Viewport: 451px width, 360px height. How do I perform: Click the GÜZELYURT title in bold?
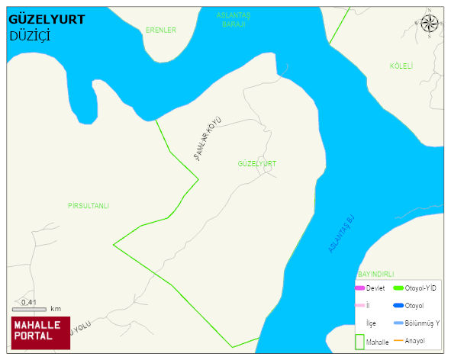tap(47, 20)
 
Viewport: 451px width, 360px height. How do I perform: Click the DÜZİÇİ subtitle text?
tap(30, 36)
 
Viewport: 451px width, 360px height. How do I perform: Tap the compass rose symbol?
tap(430, 24)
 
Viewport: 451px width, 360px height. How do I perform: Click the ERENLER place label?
tap(160, 31)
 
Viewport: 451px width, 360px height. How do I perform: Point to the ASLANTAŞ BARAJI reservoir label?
tap(234, 20)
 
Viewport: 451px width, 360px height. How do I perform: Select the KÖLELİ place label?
tap(401, 66)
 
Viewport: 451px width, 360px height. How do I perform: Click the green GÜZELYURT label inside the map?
tap(256, 164)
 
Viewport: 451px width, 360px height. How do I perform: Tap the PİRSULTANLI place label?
tap(89, 206)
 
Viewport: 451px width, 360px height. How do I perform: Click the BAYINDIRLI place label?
tap(375, 274)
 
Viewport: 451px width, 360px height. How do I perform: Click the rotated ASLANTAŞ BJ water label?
tap(343, 234)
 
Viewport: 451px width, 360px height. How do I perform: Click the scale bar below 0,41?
tap(29, 309)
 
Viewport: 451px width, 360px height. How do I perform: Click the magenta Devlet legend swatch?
tap(360, 288)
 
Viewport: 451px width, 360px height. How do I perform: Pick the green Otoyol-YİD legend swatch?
tap(398, 288)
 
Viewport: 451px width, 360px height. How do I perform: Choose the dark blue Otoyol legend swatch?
tap(398, 306)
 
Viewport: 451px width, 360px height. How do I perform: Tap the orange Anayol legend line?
tap(398, 340)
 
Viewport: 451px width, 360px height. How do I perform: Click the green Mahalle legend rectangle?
tap(359, 342)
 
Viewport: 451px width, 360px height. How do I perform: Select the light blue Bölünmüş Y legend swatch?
tap(398, 323)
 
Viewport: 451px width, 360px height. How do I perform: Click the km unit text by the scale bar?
tap(56, 309)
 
